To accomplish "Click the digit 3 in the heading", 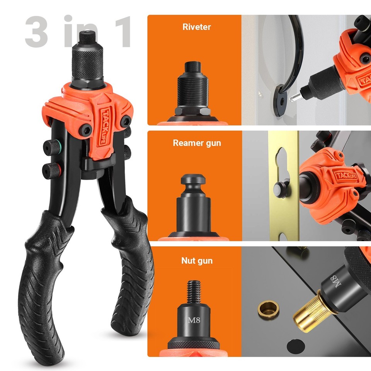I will click(36, 32).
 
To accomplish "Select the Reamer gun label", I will click(197, 143).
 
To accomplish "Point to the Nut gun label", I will click(197, 261).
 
